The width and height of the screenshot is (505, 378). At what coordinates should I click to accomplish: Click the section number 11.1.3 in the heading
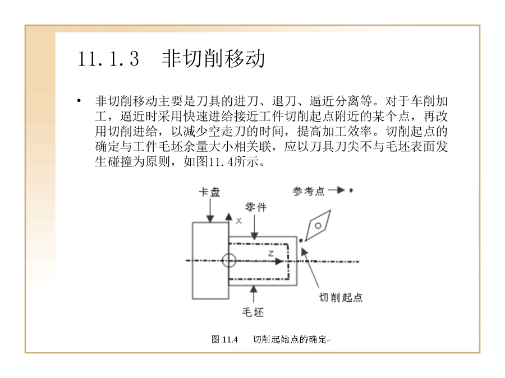tap(108, 59)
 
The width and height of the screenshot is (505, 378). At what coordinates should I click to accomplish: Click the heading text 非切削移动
tap(213, 59)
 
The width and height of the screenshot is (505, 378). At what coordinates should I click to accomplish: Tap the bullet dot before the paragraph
tap(79, 101)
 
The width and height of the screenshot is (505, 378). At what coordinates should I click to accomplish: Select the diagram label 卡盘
tap(209, 192)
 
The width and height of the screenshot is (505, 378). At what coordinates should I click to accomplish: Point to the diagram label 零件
tap(256, 207)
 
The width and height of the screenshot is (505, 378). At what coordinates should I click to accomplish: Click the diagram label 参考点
tap(308, 191)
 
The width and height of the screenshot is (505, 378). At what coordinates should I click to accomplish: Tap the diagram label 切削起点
tap(341, 297)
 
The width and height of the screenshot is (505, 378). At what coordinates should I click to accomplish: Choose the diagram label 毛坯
tap(253, 312)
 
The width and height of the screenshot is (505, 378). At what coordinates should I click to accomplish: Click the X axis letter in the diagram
tap(238, 221)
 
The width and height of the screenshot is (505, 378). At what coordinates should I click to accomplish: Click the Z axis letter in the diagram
tap(271, 254)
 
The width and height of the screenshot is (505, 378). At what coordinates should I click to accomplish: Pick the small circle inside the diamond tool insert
tap(318, 226)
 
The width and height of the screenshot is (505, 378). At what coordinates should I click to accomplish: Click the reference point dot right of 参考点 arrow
tap(351, 190)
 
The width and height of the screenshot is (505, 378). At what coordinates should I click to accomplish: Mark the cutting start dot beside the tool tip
tap(301, 240)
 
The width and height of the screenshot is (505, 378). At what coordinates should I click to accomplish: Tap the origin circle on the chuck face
tap(229, 260)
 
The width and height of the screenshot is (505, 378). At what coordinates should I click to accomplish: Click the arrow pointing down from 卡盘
tap(210, 210)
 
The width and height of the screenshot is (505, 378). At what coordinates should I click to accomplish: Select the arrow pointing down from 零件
tap(254, 227)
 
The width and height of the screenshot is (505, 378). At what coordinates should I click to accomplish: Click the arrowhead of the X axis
tap(229, 216)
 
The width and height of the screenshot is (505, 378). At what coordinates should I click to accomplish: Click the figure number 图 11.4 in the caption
tap(224, 339)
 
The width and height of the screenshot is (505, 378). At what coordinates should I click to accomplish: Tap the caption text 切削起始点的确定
tap(290, 339)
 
